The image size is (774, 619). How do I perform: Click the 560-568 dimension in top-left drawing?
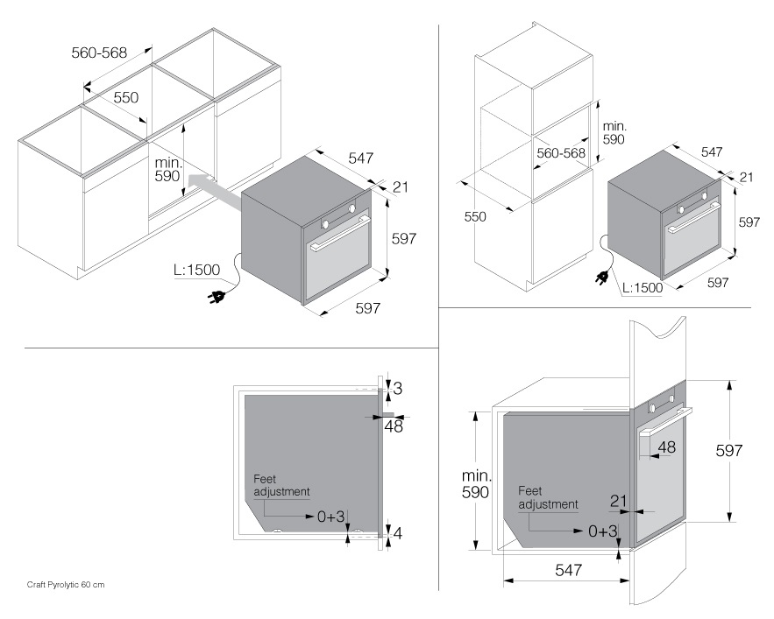pos(99,53)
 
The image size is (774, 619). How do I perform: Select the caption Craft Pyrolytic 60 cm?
pos(66,584)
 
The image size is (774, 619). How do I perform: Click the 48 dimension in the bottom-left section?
pos(394,426)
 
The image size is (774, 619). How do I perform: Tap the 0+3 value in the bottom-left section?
pos(331,517)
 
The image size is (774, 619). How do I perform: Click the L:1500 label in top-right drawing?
pos(642,287)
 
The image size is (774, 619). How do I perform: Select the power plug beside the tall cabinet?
pos(603,278)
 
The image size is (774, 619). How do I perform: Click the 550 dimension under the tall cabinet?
pos(475,216)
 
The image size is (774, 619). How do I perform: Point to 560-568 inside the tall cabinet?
pos(561,152)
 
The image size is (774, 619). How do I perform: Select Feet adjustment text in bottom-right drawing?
pos(547,497)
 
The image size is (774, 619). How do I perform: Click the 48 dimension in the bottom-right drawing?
pos(666,447)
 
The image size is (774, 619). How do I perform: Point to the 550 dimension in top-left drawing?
pos(126,98)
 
